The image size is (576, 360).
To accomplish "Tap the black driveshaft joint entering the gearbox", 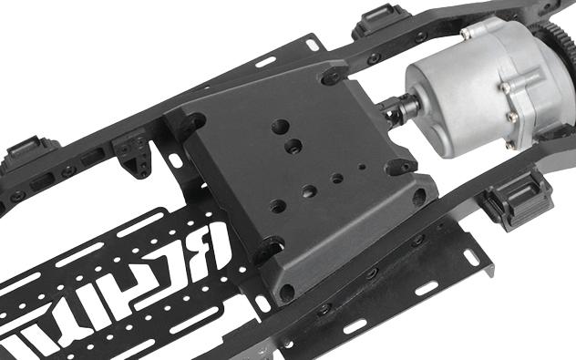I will (x=401, y=112).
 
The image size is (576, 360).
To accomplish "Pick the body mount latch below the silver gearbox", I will (x=517, y=200).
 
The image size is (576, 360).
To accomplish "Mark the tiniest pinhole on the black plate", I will (x=362, y=168).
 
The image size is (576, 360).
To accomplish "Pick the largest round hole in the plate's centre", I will (x=280, y=127).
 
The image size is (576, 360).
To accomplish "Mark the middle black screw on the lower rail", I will (x=372, y=273).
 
